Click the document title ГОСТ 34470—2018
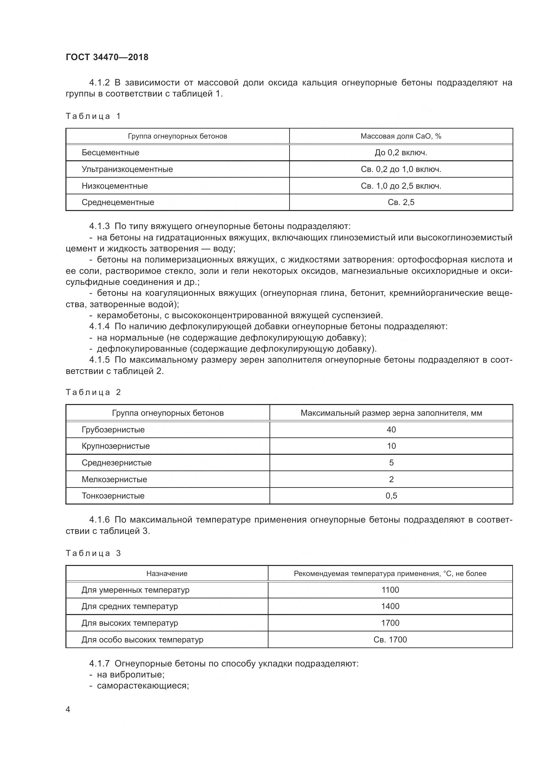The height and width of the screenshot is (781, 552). click(107, 57)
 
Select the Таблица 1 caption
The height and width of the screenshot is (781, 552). click(93, 116)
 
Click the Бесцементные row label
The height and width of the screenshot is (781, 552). click(110, 152)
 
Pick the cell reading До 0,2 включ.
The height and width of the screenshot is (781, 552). click(401, 152)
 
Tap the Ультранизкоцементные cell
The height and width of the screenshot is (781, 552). click(127, 169)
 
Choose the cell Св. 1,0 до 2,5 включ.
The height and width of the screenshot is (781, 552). click(401, 186)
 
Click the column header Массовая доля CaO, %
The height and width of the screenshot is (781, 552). click(401, 136)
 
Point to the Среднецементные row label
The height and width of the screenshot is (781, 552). click(118, 202)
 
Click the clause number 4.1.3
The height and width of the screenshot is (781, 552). click(99, 226)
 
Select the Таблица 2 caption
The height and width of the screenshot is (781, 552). click(93, 392)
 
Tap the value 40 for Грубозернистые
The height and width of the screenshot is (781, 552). click(391, 430)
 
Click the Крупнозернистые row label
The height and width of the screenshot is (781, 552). click(116, 446)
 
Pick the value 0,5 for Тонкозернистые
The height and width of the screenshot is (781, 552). click(391, 496)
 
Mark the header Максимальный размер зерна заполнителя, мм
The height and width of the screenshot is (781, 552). click(391, 413)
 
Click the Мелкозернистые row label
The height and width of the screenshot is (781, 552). click(114, 479)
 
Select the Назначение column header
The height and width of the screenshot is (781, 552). click(167, 574)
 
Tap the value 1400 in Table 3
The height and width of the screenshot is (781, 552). click(390, 606)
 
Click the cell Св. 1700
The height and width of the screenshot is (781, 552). click(390, 639)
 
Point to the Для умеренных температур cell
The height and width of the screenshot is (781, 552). click(135, 590)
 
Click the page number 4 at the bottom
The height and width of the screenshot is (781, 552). click(68, 709)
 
